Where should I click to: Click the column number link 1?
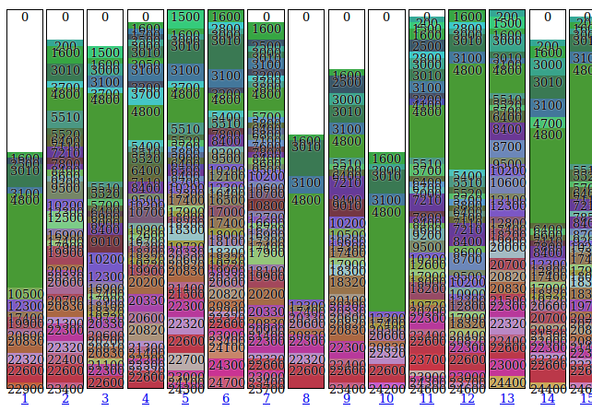click(24, 399)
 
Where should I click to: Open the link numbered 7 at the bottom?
click(266, 399)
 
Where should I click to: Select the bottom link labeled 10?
click(386, 399)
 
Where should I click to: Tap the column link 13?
click(507, 399)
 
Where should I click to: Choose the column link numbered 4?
click(145, 399)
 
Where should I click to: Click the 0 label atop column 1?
click(25, 17)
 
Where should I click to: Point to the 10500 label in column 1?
click(25, 294)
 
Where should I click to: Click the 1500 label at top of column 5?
click(185, 17)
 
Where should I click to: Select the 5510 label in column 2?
click(65, 117)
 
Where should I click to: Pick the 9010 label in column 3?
click(105, 241)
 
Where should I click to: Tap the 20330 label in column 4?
click(146, 300)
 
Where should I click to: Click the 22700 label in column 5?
click(185, 359)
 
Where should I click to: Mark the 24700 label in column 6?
click(226, 382)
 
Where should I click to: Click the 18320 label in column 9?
click(347, 282)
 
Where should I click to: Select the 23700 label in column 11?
click(427, 359)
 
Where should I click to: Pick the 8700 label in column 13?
click(507, 147)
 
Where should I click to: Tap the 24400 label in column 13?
click(507, 382)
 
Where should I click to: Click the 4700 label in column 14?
click(548, 123)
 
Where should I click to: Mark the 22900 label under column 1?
click(25, 389)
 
